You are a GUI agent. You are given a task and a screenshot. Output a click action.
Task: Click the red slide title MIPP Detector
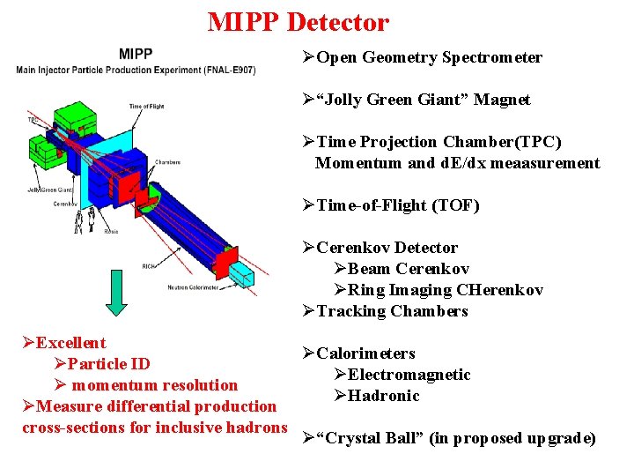pyautogui.click(x=298, y=21)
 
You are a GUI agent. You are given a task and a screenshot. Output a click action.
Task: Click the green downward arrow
pyautogui.click(x=116, y=292)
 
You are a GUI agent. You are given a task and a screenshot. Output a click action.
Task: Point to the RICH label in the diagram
pyautogui.click(x=149, y=265)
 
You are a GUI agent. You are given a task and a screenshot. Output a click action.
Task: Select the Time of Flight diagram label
pyautogui.click(x=146, y=107)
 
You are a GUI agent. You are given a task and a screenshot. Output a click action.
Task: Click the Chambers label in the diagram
pyautogui.click(x=167, y=161)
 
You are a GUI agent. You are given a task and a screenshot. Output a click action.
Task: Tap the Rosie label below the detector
pyautogui.click(x=111, y=232)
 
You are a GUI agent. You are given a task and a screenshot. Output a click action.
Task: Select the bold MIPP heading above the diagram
pyautogui.click(x=136, y=55)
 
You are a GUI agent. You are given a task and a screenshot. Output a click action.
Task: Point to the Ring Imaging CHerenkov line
pyautogui.click(x=445, y=290)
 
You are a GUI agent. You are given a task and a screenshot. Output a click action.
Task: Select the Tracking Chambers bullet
pyautogui.click(x=392, y=311)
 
